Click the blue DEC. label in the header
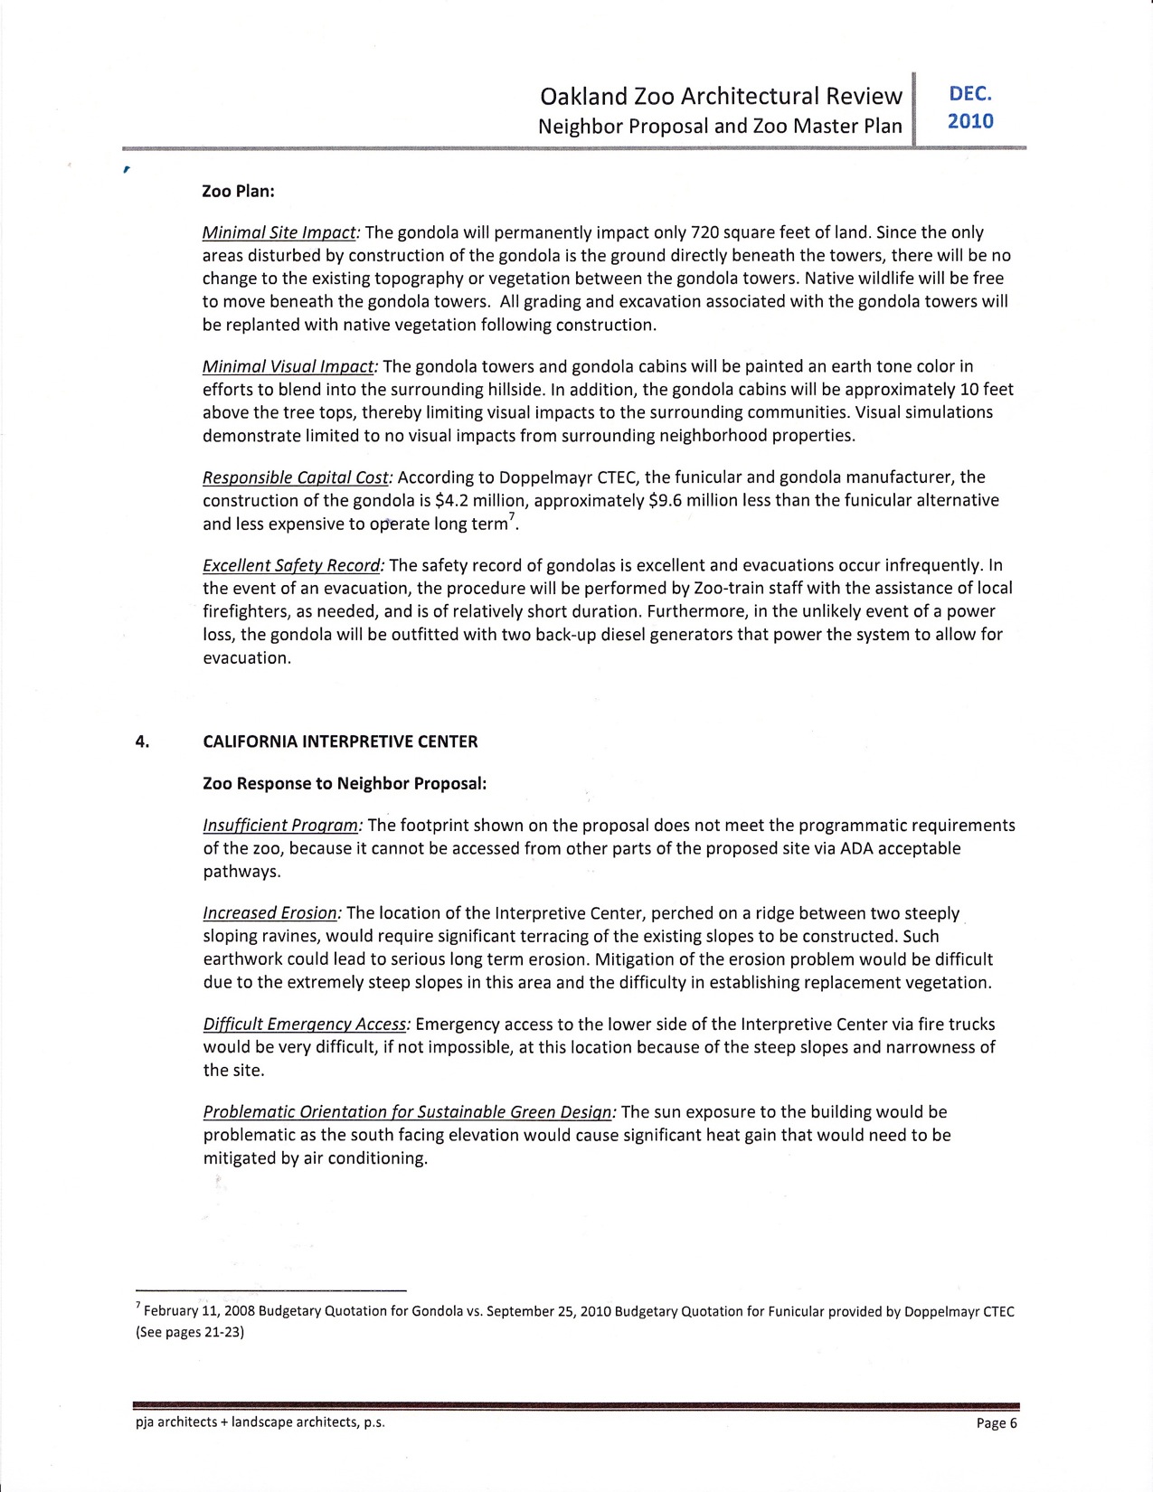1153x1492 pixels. [x=970, y=94]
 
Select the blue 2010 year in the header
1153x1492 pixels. [x=970, y=121]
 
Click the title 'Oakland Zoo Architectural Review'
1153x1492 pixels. [x=720, y=96]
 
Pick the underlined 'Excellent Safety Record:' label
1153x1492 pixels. [x=294, y=565]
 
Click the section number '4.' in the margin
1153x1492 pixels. [x=142, y=741]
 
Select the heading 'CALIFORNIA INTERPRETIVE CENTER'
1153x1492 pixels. [x=340, y=741]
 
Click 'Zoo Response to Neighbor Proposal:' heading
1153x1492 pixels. [x=345, y=783]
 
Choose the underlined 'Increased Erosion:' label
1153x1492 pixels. [x=272, y=913]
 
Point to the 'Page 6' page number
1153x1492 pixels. [x=997, y=1423]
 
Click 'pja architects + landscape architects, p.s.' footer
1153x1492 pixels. [x=260, y=1422]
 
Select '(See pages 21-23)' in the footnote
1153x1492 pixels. [x=190, y=1332]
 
